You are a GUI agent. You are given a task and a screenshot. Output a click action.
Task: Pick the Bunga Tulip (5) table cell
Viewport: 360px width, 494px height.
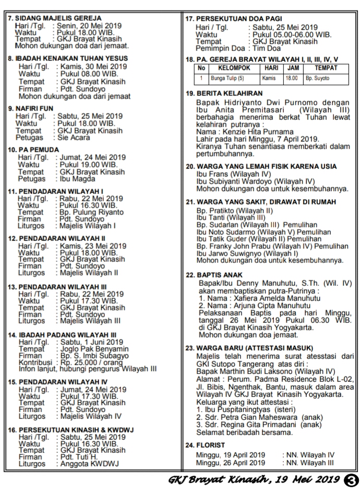tap(227, 78)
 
